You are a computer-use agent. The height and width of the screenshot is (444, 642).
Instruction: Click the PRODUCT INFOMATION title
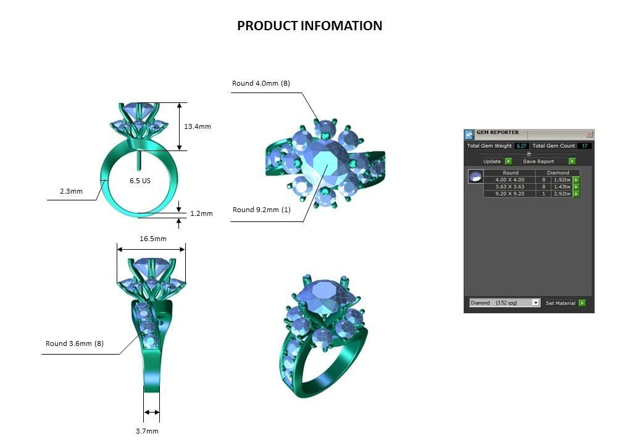point(309,26)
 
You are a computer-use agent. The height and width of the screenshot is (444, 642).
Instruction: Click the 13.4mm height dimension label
point(197,126)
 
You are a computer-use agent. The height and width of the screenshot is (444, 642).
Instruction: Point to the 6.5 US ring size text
point(140,181)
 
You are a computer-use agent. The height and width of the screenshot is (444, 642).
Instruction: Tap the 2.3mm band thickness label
point(71,191)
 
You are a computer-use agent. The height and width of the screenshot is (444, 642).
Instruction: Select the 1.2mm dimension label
point(201,213)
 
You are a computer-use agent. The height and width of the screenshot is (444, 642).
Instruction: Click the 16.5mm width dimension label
point(152,239)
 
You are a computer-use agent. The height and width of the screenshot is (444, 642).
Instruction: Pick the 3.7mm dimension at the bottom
point(147,431)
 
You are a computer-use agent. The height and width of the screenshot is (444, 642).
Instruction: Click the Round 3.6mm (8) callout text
point(74,343)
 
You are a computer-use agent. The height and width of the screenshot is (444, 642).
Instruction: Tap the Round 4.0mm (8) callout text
point(261,83)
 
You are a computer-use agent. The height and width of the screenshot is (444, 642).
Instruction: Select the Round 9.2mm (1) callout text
point(261,210)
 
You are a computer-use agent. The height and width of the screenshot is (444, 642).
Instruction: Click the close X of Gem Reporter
point(589,134)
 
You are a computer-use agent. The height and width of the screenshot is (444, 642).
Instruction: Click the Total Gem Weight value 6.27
point(522,146)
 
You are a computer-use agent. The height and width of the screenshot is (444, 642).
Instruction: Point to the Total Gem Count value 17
point(585,146)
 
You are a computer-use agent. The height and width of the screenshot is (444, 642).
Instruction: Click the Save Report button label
point(538,162)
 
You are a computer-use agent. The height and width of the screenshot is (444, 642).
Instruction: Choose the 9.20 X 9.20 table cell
point(509,194)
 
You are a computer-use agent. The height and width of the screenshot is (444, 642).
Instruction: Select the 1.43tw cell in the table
point(561,187)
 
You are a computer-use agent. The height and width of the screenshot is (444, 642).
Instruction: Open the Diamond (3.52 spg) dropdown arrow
point(535,303)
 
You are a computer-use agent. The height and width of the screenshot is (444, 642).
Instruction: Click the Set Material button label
point(561,303)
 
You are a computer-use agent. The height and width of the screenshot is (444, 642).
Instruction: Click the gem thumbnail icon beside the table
point(475,177)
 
